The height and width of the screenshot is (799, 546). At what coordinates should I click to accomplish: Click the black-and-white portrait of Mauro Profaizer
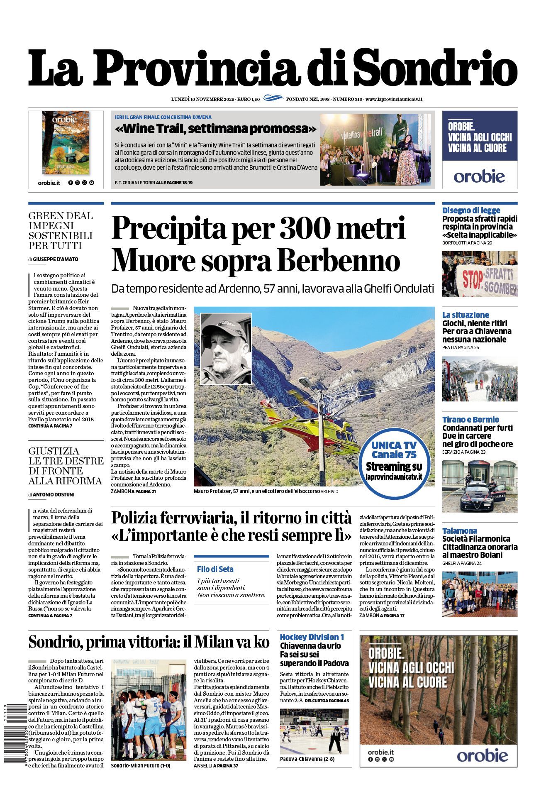coord(226,349)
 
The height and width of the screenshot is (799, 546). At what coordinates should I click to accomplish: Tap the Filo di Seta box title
coord(215,569)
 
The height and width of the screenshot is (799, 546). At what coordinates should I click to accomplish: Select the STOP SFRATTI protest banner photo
coord(480,274)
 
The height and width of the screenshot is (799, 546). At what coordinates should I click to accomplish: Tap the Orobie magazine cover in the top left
coord(66,142)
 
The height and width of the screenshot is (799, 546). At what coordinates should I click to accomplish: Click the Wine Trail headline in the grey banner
coord(215,129)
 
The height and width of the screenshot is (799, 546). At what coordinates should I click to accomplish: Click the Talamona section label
coord(459,530)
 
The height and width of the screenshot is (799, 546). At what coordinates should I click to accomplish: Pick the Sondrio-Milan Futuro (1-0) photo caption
coord(140,765)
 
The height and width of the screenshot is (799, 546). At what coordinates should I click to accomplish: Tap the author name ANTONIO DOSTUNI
coord(54,495)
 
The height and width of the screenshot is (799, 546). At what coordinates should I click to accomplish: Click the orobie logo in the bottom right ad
coord(482,755)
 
